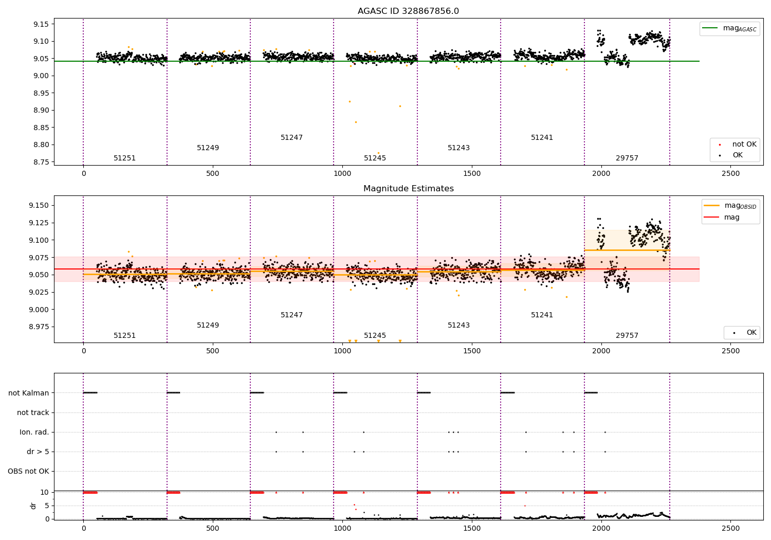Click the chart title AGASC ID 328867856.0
click(x=408, y=11)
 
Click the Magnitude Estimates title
click(x=408, y=189)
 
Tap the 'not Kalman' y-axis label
click(x=29, y=393)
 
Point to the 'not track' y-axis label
click(x=33, y=413)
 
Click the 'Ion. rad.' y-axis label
click(x=34, y=433)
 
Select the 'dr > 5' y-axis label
click(x=38, y=452)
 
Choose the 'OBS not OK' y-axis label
click(x=28, y=472)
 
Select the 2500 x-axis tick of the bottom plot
click(x=731, y=528)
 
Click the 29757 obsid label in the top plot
click(x=627, y=158)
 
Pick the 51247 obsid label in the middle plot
click(x=291, y=315)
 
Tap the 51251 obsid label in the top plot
click(x=125, y=158)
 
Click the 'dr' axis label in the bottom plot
click(x=33, y=506)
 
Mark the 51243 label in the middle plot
click(x=458, y=326)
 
